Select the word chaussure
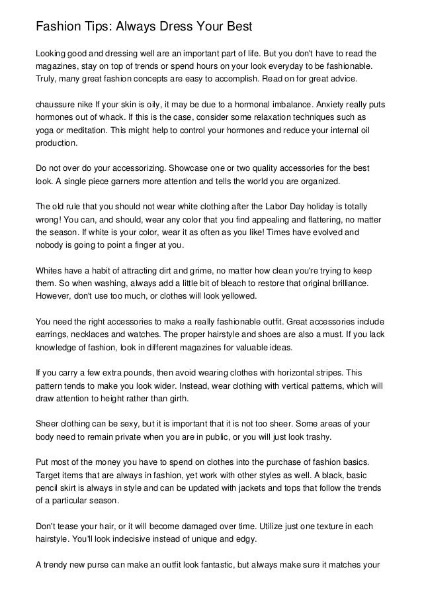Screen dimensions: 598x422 click(58, 105)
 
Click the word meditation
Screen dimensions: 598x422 click(82, 130)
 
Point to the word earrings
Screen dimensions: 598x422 click(54, 332)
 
